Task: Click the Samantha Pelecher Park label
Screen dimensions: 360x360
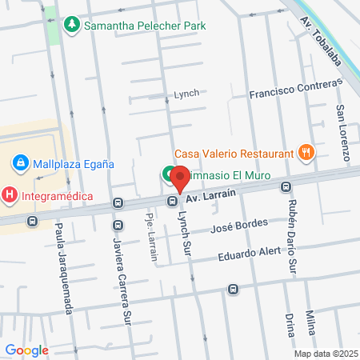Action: [x=145, y=26]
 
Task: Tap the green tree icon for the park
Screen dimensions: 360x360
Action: [x=72, y=26]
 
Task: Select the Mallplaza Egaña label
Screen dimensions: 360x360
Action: [x=73, y=163]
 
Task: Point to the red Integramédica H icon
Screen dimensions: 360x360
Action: [x=9, y=194]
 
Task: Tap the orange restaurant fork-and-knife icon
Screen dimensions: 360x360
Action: [x=305, y=152]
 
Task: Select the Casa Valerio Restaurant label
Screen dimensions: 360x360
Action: [x=233, y=153]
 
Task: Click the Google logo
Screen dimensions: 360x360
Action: [x=26, y=350]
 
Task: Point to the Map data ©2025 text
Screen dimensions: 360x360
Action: [x=326, y=353]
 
